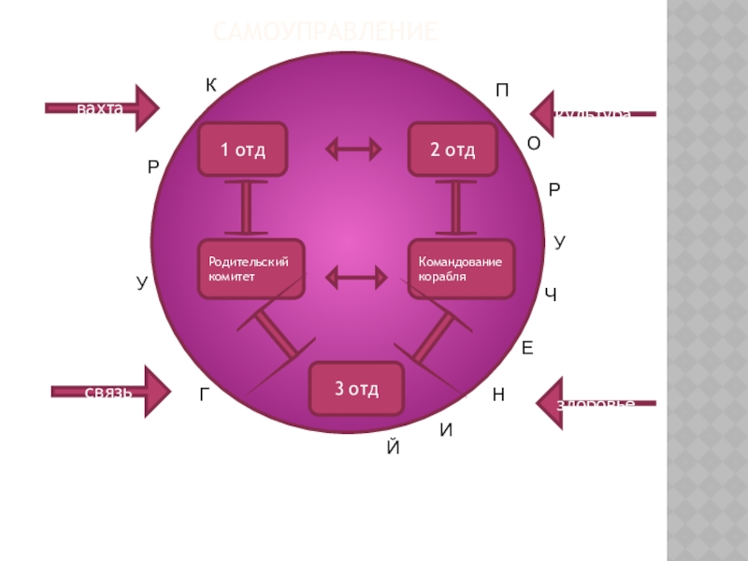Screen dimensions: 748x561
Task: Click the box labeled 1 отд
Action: (x=243, y=150)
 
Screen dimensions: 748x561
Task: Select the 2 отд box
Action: (x=453, y=150)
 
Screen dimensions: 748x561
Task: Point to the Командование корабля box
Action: (x=461, y=270)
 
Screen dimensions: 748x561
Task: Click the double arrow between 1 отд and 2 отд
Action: (x=353, y=149)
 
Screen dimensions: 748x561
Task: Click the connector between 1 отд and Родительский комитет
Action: (x=246, y=207)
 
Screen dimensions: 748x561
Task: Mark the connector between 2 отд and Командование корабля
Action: (x=456, y=207)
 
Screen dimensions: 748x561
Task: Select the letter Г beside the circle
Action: (x=205, y=395)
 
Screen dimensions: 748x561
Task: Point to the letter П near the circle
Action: (x=502, y=91)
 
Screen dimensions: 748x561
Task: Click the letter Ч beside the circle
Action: (x=551, y=296)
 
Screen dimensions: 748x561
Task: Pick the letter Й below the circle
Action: (x=393, y=448)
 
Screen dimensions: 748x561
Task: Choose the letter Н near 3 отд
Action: (x=498, y=396)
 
